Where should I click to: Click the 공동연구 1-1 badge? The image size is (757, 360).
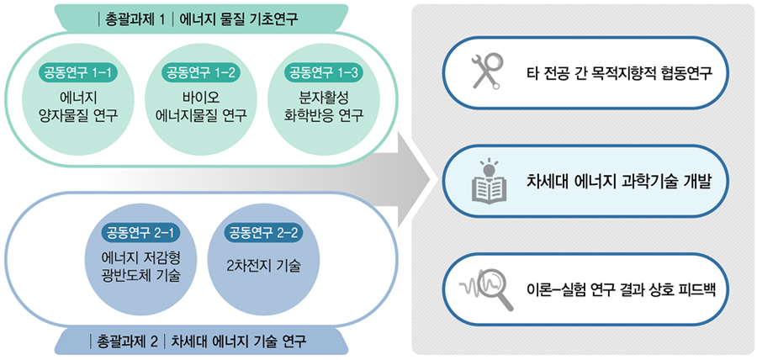click(78, 73)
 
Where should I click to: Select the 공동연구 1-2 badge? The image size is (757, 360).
click(202, 73)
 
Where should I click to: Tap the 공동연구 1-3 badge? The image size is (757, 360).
click(324, 73)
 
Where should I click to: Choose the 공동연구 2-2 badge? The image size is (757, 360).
click(264, 234)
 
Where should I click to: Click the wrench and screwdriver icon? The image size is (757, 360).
click(485, 71)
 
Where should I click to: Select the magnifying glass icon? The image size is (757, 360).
click(487, 289)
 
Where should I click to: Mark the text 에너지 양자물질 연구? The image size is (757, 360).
click(78, 107)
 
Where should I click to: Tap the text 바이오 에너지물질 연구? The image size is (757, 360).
click(202, 107)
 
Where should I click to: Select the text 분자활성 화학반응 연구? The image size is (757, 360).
click(324, 107)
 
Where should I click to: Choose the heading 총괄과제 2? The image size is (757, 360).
click(124, 342)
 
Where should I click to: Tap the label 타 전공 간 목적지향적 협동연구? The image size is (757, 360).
click(619, 74)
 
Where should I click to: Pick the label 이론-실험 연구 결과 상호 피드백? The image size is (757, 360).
click(622, 290)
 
